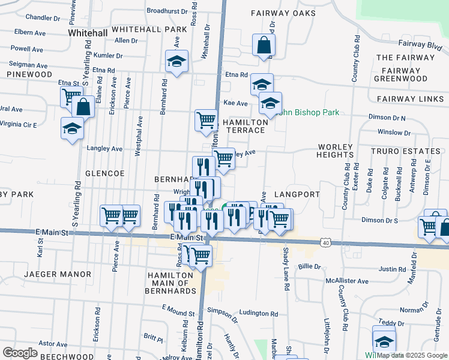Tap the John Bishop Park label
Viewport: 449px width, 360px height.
(x=310, y=112)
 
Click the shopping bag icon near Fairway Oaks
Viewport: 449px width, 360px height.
(x=264, y=45)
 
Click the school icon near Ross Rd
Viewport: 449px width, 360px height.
(x=176, y=61)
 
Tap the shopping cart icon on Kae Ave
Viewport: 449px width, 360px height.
(x=206, y=119)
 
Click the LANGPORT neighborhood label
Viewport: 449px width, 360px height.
(x=295, y=195)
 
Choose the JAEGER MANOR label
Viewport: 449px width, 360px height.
(x=58, y=274)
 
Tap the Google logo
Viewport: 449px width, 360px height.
(x=20, y=352)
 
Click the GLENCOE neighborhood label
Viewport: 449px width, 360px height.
(x=105, y=173)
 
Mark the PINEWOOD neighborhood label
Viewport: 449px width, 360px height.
(x=29, y=74)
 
